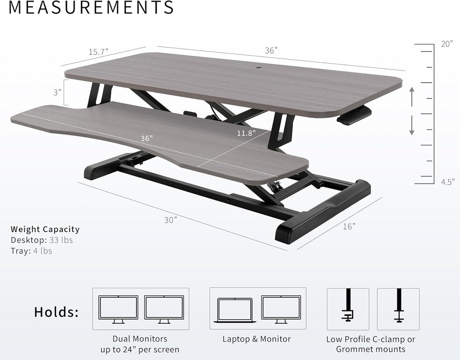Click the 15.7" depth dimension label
[98, 52]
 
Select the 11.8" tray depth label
[247, 132]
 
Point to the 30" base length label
[170, 220]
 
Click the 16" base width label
[349, 226]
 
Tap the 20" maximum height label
[447, 44]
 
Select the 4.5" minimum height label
[447, 181]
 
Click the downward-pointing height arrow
[411, 127]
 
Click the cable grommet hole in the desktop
[259, 67]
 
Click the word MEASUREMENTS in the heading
[91, 8]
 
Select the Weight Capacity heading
[45, 229]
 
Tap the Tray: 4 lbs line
[32, 251]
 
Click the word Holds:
[57, 312]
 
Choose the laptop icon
[235, 309]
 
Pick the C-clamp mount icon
[348, 308]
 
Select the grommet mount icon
[399, 308]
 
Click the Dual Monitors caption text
[140, 339]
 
